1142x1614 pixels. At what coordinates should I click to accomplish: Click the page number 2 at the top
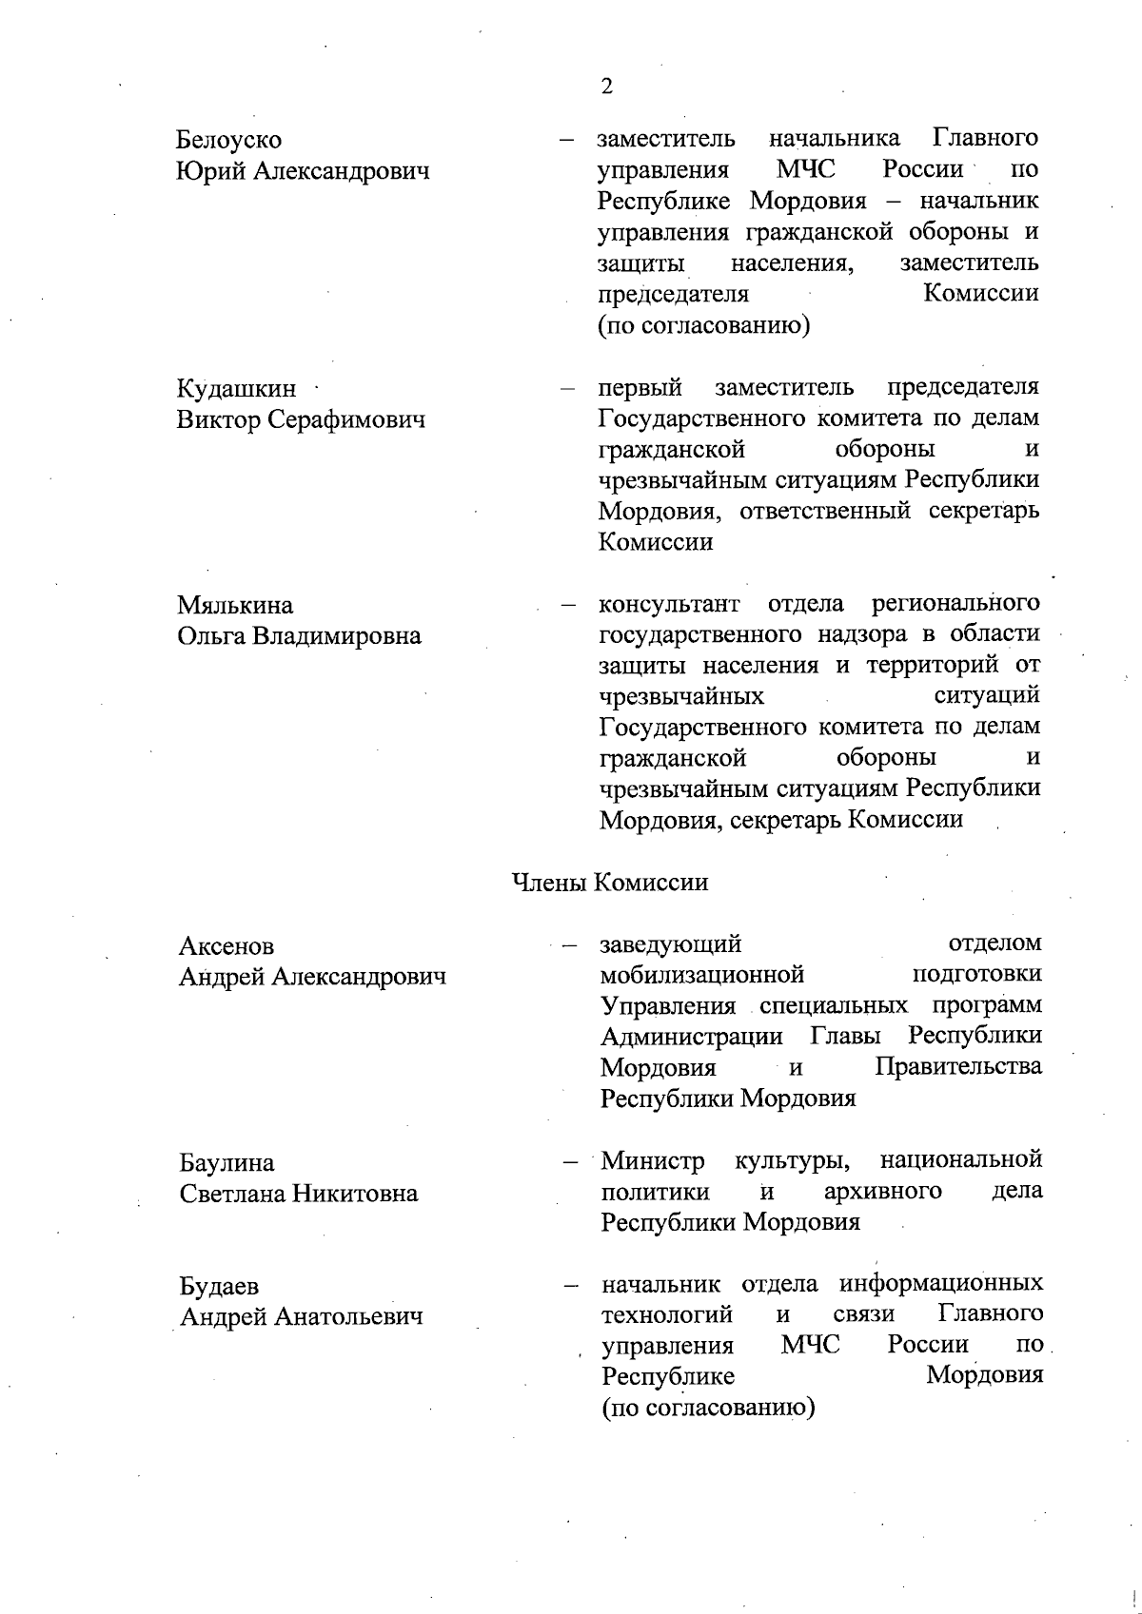(x=607, y=87)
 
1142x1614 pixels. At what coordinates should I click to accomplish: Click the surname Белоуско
(x=228, y=140)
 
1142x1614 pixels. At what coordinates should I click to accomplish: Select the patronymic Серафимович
(x=345, y=419)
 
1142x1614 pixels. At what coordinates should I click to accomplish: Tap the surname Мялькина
(x=235, y=605)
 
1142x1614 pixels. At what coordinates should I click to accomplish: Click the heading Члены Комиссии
(x=610, y=882)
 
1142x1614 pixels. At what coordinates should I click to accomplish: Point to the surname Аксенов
(x=226, y=945)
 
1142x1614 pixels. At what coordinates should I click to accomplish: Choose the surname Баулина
(x=226, y=1162)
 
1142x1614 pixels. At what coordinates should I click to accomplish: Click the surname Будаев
(x=219, y=1286)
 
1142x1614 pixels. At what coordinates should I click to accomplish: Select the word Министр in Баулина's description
(x=653, y=1160)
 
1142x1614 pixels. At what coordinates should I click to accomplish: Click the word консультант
(x=669, y=604)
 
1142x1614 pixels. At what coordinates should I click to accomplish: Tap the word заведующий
(x=671, y=943)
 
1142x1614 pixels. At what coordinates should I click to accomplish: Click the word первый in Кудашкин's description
(x=640, y=388)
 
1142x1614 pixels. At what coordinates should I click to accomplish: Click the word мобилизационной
(x=702, y=974)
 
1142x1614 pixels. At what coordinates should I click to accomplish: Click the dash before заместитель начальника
(x=568, y=140)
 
